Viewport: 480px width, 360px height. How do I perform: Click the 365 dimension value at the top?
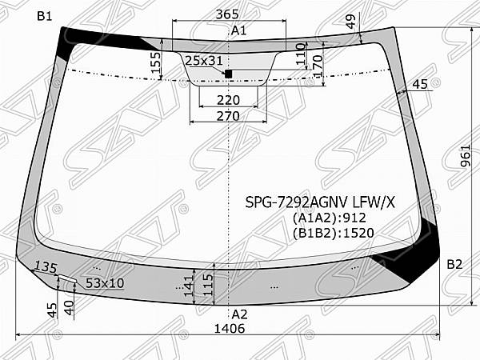click(227, 14)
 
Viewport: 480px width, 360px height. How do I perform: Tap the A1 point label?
click(238, 30)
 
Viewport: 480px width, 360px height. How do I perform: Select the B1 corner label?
click(45, 16)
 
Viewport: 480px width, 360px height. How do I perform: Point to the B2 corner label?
click(454, 264)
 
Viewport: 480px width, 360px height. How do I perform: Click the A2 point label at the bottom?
click(239, 314)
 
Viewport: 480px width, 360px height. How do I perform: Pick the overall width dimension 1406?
click(230, 329)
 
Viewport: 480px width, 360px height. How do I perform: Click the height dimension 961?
click(465, 155)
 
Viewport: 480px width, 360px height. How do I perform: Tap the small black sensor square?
click(228, 74)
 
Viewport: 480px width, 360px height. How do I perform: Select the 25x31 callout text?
click(204, 61)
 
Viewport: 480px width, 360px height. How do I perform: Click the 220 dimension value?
click(228, 100)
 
